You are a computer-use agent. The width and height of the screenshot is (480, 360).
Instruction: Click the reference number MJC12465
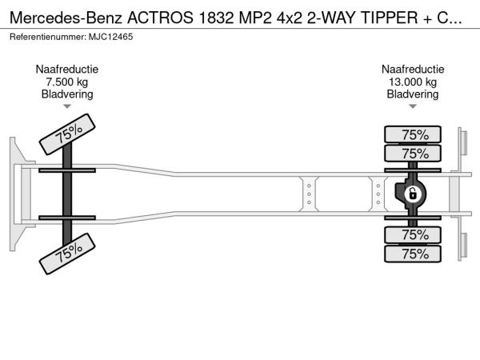click(111, 37)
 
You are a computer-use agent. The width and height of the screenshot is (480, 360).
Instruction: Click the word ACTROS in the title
click(161, 18)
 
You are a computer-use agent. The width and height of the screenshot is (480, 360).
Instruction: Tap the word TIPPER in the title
click(390, 18)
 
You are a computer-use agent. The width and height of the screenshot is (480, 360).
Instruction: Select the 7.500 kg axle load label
click(67, 82)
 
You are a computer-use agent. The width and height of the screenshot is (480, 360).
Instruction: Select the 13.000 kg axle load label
click(413, 82)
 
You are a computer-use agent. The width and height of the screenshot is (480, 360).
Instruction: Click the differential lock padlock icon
click(413, 194)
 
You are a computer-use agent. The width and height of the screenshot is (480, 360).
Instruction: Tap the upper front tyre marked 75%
click(67, 134)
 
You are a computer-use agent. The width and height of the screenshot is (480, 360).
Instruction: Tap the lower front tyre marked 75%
click(67, 254)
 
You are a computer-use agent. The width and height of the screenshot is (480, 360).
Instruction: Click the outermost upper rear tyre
click(413, 134)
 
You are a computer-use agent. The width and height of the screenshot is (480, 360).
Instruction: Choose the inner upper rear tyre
click(413, 154)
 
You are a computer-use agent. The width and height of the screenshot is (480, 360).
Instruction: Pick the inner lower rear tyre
click(413, 234)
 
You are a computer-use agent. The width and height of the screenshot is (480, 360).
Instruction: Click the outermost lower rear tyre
click(413, 254)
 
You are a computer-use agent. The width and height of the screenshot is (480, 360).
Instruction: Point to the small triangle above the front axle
click(67, 106)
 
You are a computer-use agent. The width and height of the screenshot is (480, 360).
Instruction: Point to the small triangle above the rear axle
click(413, 106)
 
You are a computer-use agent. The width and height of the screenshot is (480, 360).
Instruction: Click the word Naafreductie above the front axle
click(67, 70)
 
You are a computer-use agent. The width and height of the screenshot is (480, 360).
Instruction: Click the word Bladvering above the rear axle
click(413, 94)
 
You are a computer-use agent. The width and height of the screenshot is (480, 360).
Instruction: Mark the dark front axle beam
click(67, 194)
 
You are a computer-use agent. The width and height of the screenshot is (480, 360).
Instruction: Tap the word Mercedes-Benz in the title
click(66, 18)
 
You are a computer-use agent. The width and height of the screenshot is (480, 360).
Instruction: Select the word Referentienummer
click(48, 37)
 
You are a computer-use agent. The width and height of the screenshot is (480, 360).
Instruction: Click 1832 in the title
click(216, 18)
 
